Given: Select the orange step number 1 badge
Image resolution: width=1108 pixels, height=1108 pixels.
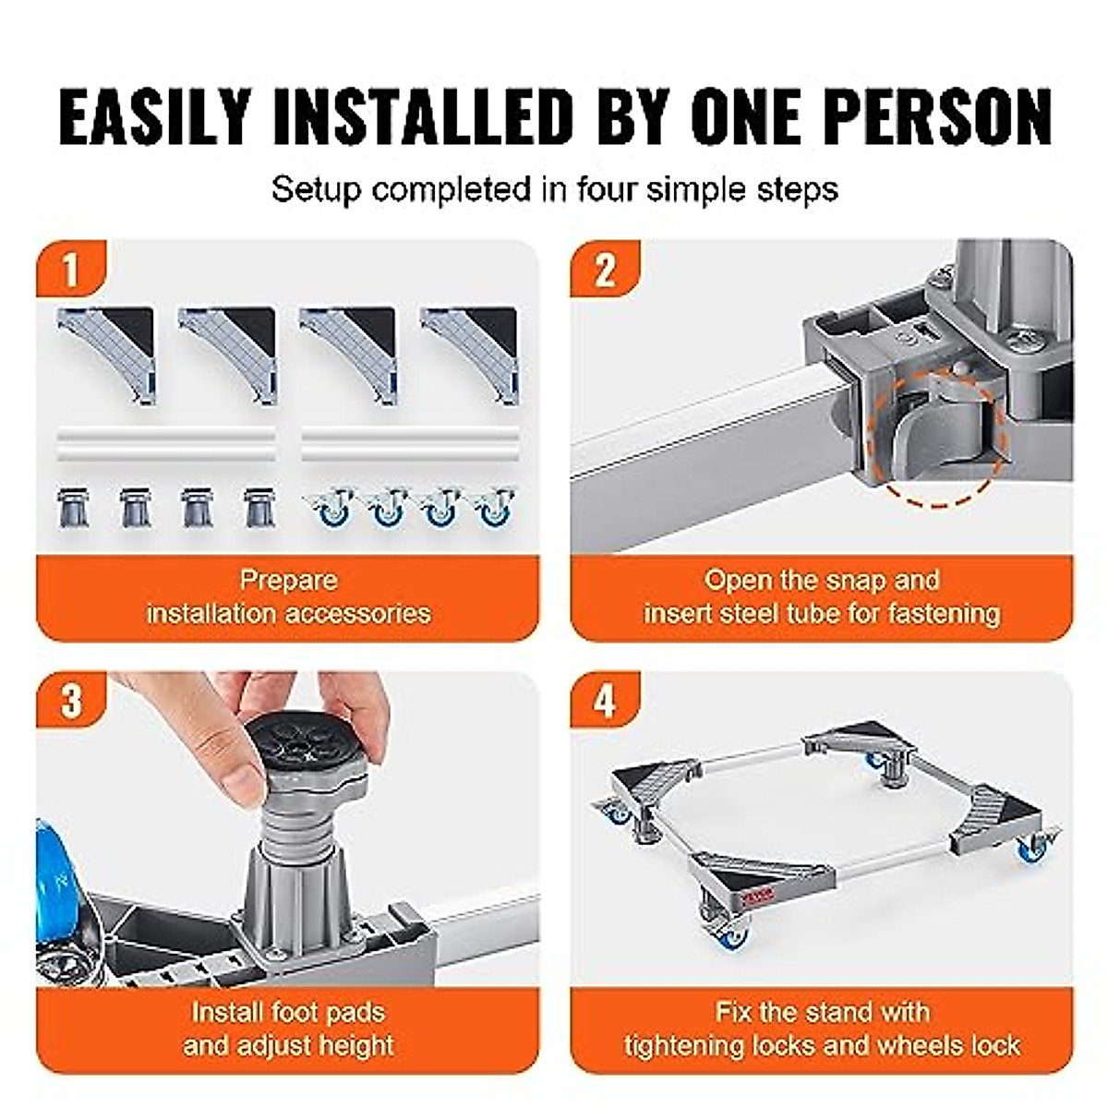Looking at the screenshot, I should (72, 271).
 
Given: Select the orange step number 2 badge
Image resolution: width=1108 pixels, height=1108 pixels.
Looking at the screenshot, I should (605, 271).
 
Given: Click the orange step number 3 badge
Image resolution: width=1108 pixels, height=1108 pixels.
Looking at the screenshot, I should (72, 701).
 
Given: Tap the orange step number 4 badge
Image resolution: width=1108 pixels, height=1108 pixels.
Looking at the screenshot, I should (605, 701).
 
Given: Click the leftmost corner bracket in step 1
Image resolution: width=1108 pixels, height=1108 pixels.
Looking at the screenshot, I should (107, 351).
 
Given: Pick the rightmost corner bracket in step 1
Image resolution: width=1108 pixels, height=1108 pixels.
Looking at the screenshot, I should (470, 351).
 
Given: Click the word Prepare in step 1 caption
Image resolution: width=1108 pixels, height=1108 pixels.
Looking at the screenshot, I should (288, 581).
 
